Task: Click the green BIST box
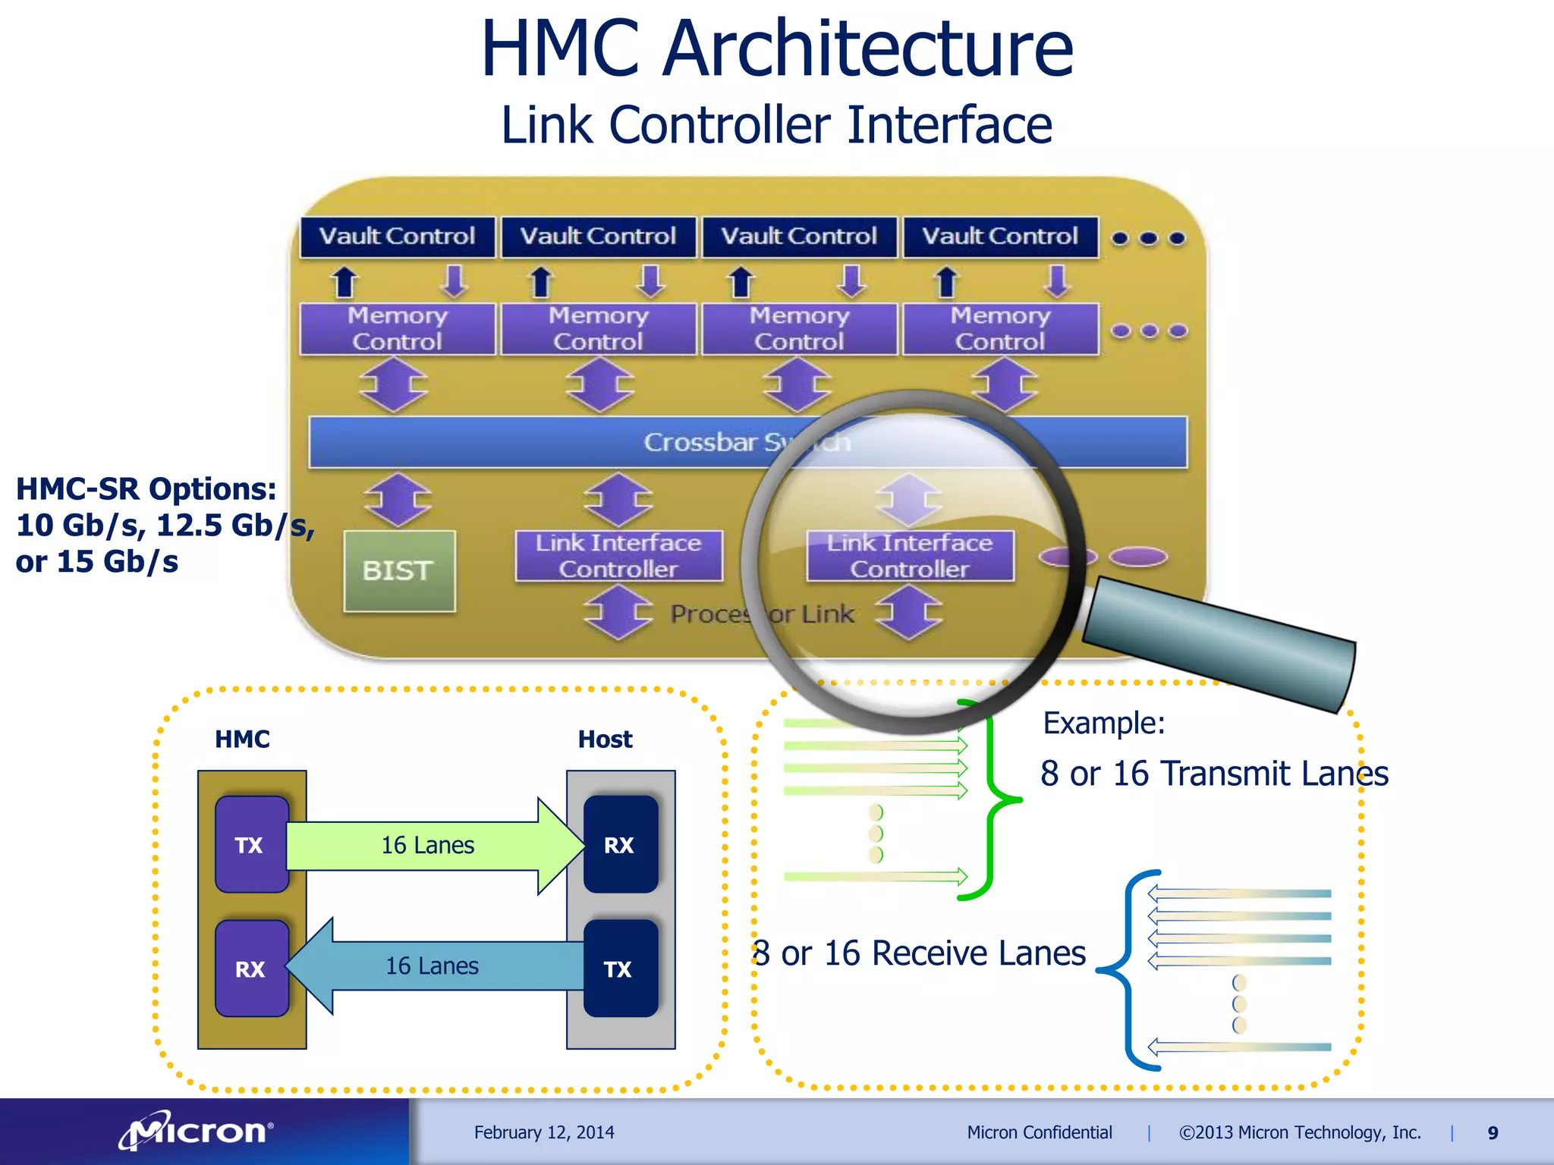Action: [x=399, y=570]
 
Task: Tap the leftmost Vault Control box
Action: [x=397, y=237]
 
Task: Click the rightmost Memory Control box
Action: [x=1000, y=329]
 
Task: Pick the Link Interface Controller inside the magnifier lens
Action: [x=910, y=556]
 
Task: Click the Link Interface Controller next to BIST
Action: [x=618, y=556]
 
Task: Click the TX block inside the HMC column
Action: [x=251, y=844]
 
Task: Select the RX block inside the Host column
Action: [x=620, y=844]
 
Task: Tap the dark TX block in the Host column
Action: [x=620, y=969]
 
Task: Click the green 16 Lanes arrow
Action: [x=429, y=845]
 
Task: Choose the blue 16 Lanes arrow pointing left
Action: [x=433, y=966]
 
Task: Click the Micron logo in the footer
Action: [x=197, y=1132]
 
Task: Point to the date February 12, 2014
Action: [x=544, y=1132]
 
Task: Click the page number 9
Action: [x=1493, y=1133]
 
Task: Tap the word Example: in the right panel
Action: [x=1104, y=723]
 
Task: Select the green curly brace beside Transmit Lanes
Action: [x=991, y=799]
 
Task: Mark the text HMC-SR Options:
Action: [x=146, y=489]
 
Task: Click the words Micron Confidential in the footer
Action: [x=1039, y=1132]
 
